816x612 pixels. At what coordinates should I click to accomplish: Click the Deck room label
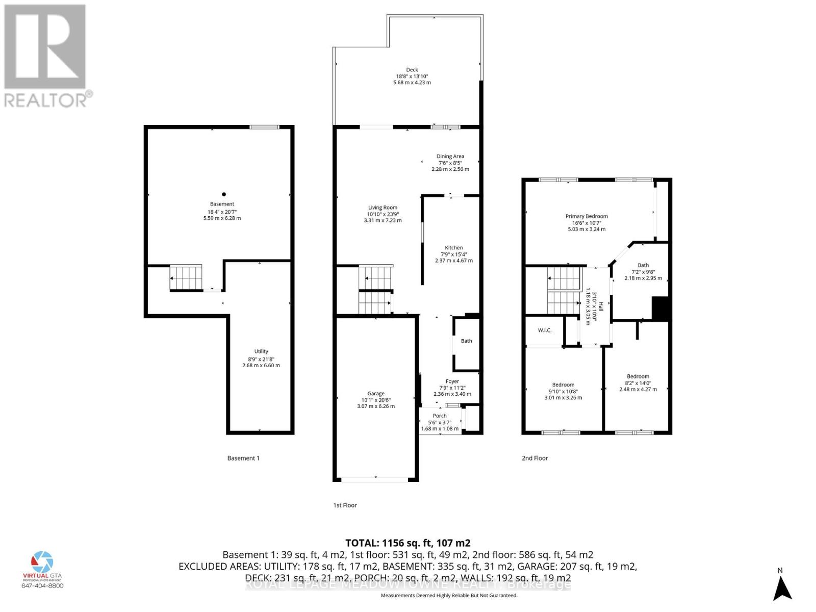pyautogui.click(x=412, y=70)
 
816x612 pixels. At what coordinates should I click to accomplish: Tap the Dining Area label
pyautogui.click(x=450, y=157)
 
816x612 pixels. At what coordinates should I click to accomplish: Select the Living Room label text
pyautogui.click(x=382, y=208)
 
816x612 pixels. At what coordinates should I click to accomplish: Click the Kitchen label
pyautogui.click(x=453, y=248)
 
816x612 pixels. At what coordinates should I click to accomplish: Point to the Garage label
pyautogui.click(x=376, y=394)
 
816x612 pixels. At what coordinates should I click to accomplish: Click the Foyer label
pyautogui.click(x=452, y=381)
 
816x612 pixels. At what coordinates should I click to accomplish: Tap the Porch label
pyautogui.click(x=440, y=416)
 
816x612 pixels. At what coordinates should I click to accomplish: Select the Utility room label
pyautogui.click(x=261, y=351)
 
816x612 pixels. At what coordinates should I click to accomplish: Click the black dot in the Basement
pyautogui.click(x=223, y=194)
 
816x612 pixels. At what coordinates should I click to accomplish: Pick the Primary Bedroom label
pyautogui.click(x=586, y=216)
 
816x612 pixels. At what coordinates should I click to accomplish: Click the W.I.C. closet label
pyautogui.click(x=544, y=330)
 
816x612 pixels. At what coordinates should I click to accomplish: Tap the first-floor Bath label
pyautogui.click(x=466, y=341)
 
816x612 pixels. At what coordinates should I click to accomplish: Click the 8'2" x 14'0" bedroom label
pyautogui.click(x=638, y=376)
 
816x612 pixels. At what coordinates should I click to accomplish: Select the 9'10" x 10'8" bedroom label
pyautogui.click(x=563, y=385)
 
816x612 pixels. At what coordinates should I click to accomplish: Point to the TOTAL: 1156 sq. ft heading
pyautogui.click(x=407, y=543)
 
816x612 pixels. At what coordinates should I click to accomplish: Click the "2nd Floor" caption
pyautogui.click(x=534, y=458)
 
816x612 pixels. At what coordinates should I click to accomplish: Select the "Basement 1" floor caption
pyautogui.click(x=243, y=458)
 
